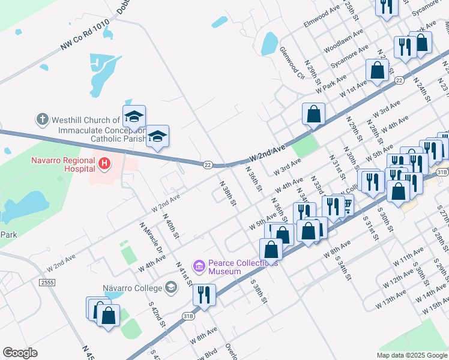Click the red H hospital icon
point(105,163)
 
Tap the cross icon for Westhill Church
point(42,119)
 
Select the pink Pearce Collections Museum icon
point(199,265)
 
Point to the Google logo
point(20,353)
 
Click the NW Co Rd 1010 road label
point(85,37)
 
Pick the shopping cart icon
point(346,206)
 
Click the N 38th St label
point(227,194)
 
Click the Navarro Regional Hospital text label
point(64,165)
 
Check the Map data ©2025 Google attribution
point(411,355)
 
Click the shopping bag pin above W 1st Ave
point(377,70)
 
